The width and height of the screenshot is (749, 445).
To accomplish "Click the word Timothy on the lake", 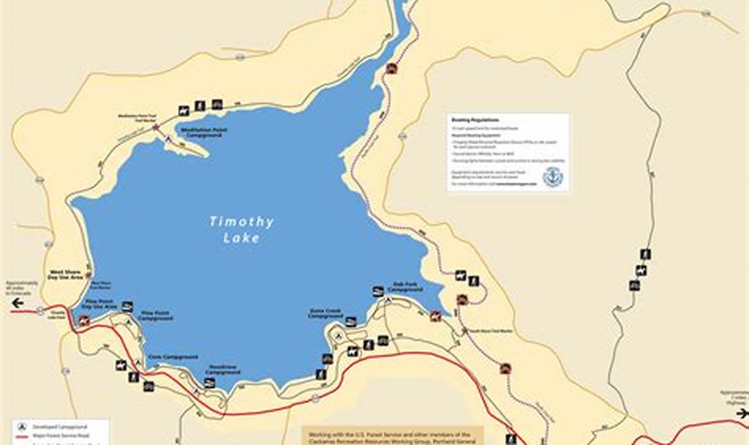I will [241, 222].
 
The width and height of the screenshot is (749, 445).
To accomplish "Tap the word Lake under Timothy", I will [241, 238].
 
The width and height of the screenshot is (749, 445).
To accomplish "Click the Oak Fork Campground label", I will [405, 287].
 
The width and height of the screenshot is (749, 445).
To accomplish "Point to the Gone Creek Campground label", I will [325, 313].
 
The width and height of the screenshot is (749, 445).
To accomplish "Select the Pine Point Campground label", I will [156, 316].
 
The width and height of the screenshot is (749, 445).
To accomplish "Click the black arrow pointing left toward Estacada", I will [18, 303].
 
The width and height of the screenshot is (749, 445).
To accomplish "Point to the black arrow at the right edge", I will [743, 413].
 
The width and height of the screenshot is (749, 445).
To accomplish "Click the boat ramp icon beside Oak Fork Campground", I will [378, 291].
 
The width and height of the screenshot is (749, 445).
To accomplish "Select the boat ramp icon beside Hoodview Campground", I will [209, 383].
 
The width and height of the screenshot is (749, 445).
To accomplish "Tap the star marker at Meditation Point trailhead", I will [155, 127].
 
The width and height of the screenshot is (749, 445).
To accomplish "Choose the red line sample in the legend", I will [22, 436].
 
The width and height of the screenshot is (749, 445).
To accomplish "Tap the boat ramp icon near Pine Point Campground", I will [127, 306].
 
